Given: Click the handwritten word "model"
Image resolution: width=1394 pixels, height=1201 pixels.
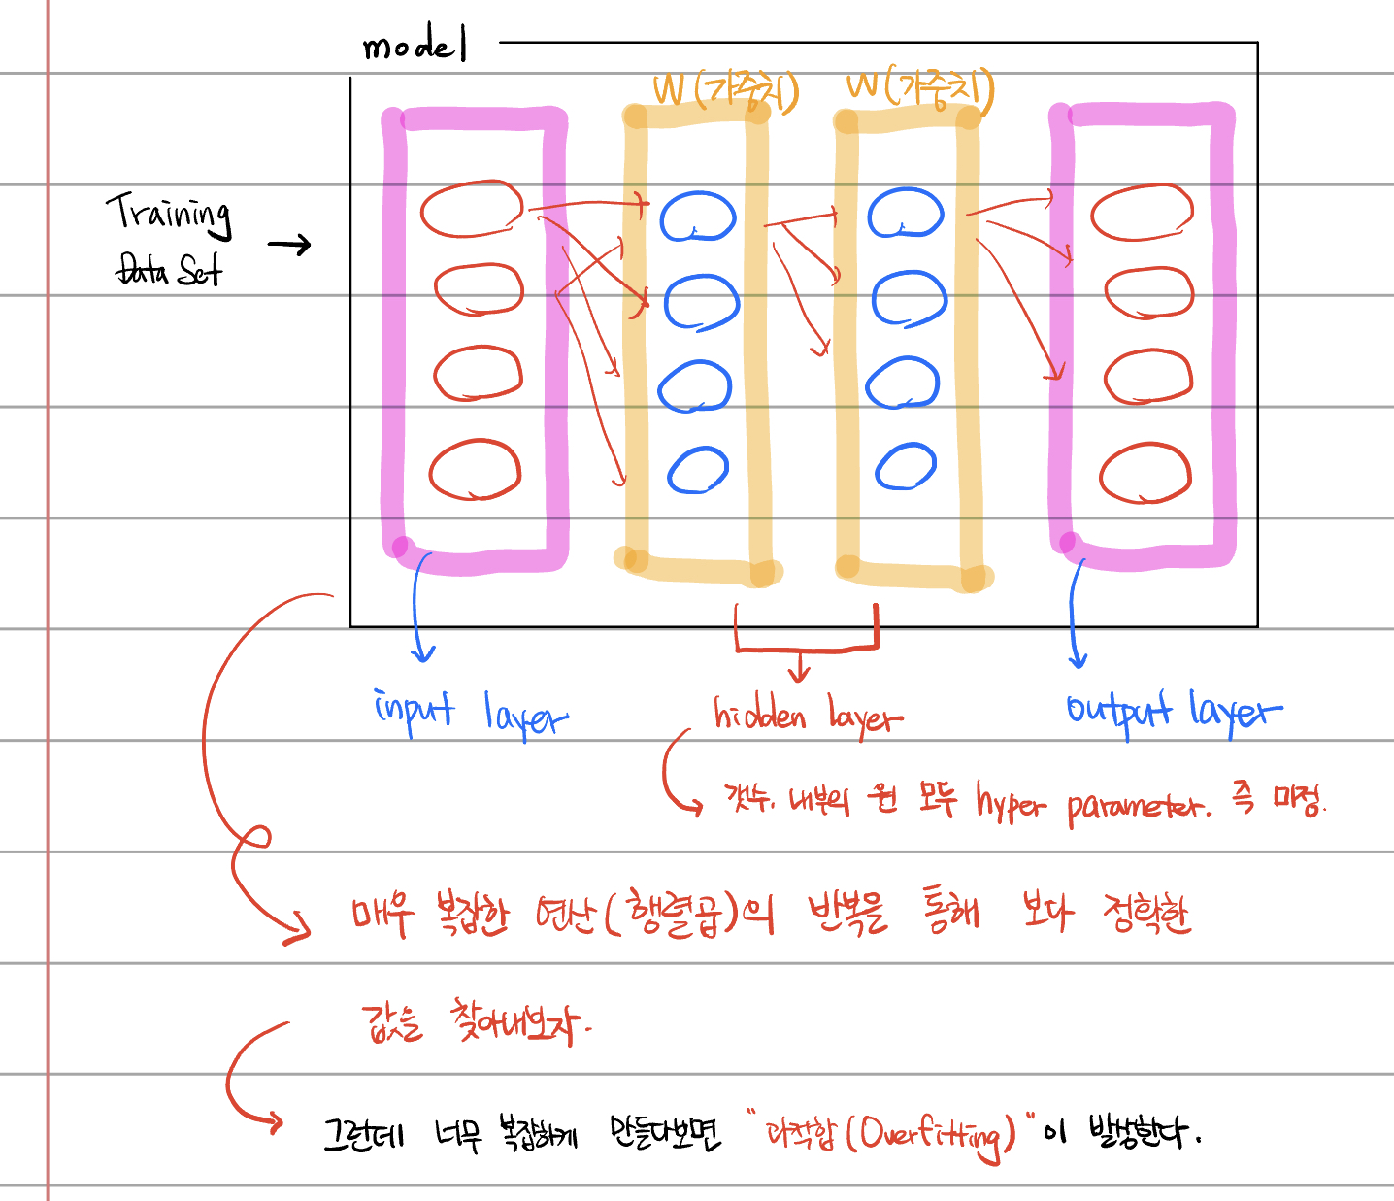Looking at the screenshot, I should (x=415, y=46).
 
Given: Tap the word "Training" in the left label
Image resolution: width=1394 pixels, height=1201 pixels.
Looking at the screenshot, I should (x=170, y=213).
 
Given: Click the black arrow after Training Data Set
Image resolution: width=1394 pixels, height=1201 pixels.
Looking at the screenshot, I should (x=289, y=245).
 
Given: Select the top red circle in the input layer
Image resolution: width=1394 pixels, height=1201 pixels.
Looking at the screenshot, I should (x=472, y=209).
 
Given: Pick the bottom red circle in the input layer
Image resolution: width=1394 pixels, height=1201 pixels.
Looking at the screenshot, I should (x=476, y=470).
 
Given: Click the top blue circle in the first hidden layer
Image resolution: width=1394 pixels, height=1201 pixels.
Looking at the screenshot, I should (x=698, y=217).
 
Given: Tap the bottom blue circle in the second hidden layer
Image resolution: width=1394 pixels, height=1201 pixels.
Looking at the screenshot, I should (x=905, y=467).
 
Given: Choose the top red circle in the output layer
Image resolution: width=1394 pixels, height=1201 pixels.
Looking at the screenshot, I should (x=1142, y=212).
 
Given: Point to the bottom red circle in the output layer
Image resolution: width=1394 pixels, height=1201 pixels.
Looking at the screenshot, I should (x=1145, y=473).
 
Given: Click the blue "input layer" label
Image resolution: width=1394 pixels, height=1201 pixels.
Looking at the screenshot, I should (x=471, y=714).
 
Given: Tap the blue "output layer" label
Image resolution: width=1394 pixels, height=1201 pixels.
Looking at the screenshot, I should (x=1173, y=712).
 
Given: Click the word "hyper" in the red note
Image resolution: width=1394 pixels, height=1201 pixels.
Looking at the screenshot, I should (x=1012, y=803).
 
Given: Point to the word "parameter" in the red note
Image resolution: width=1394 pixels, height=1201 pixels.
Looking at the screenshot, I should (x=1138, y=806).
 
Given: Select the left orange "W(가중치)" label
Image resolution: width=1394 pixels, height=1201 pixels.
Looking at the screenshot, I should (x=726, y=91).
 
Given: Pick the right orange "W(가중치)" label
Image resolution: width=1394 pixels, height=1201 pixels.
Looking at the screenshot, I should (x=920, y=89).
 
